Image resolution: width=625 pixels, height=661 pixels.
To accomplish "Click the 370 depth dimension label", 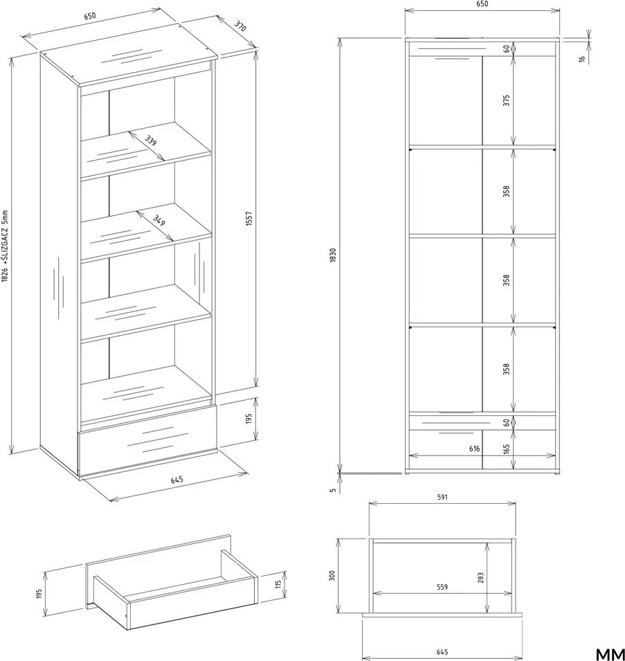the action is [x=239, y=26].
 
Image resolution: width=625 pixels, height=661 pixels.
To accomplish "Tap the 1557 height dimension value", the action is [x=248, y=219].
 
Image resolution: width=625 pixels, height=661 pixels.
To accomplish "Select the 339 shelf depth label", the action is [x=150, y=141].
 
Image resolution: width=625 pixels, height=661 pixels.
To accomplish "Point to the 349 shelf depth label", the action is [x=159, y=221].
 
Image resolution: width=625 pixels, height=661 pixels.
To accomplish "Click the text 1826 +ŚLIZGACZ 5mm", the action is [x=5, y=246].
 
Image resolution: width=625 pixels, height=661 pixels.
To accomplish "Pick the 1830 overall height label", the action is [x=333, y=255].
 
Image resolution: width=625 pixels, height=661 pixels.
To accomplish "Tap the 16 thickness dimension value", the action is [x=582, y=60].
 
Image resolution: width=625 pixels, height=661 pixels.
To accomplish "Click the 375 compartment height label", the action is [x=506, y=100].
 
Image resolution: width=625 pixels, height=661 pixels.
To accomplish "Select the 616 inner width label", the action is [x=475, y=449].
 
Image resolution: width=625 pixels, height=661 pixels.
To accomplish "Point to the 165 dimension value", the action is [x=506, y=449].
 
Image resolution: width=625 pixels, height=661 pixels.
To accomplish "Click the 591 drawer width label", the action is [x=442, y=498].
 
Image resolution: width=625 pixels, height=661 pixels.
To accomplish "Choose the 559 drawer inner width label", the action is [x=442, y=587].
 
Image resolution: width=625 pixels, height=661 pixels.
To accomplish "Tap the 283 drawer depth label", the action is [x=481, y=577].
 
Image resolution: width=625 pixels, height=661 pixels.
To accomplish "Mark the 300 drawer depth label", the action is [x=332, y=576].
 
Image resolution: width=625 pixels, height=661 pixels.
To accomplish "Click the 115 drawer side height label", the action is [x=278, y=585].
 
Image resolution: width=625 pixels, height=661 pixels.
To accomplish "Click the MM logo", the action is [x=610, y=654].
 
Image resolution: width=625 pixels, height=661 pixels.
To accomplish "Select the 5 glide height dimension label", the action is [x=333, y=490].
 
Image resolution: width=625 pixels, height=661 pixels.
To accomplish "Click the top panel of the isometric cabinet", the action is [x=129, y=55].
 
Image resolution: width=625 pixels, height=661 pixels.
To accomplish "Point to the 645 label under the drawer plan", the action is [x=442, y=652].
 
